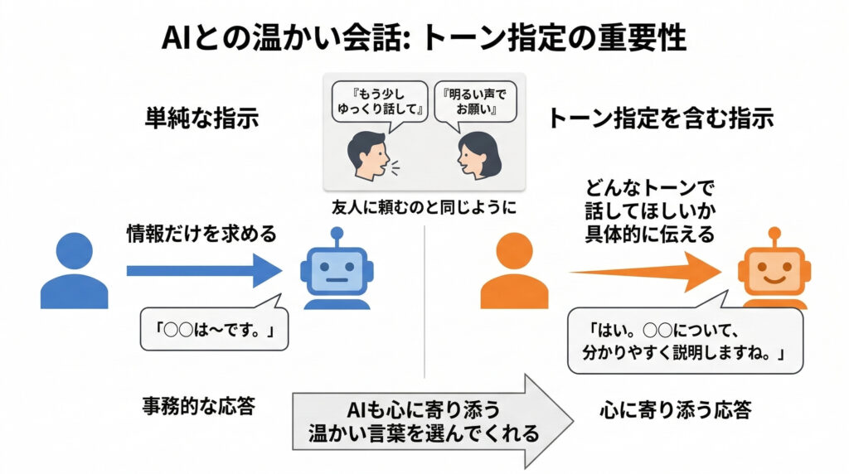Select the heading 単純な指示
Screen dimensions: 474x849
point(202,118)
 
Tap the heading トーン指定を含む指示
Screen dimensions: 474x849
point(661,118)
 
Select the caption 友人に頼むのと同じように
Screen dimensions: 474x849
point(424,208)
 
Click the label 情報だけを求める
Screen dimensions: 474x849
point(201,233)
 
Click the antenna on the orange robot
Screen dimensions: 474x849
point(774,235)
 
